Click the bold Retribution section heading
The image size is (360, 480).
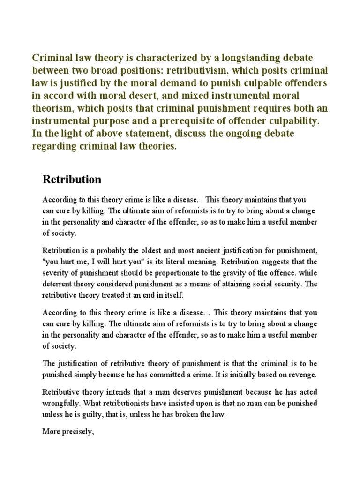point(72,180)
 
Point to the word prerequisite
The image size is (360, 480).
point(170,120)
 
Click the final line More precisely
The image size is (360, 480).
point(68,431)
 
